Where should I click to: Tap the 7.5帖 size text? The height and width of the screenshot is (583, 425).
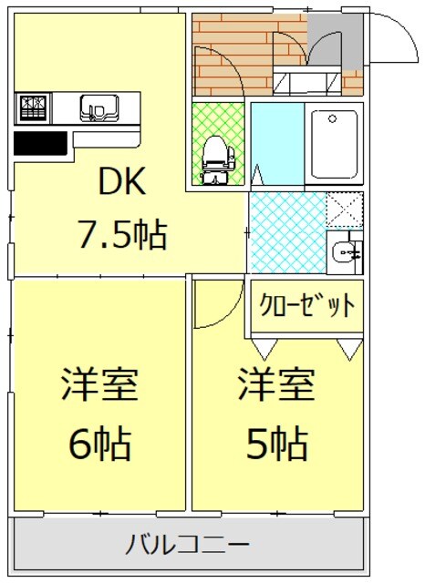[120, 237]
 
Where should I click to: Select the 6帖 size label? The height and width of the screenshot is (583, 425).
[99, 444]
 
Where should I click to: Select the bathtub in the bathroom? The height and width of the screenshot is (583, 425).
[334, 144]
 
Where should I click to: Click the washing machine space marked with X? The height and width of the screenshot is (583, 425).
[344, 210]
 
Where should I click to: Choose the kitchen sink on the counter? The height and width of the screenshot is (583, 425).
[95, 108]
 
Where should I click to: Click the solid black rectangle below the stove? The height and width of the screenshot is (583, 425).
[40, 144]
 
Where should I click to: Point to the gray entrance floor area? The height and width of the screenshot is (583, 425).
[335, 41]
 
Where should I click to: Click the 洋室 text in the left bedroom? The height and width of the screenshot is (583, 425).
[99, 385]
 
